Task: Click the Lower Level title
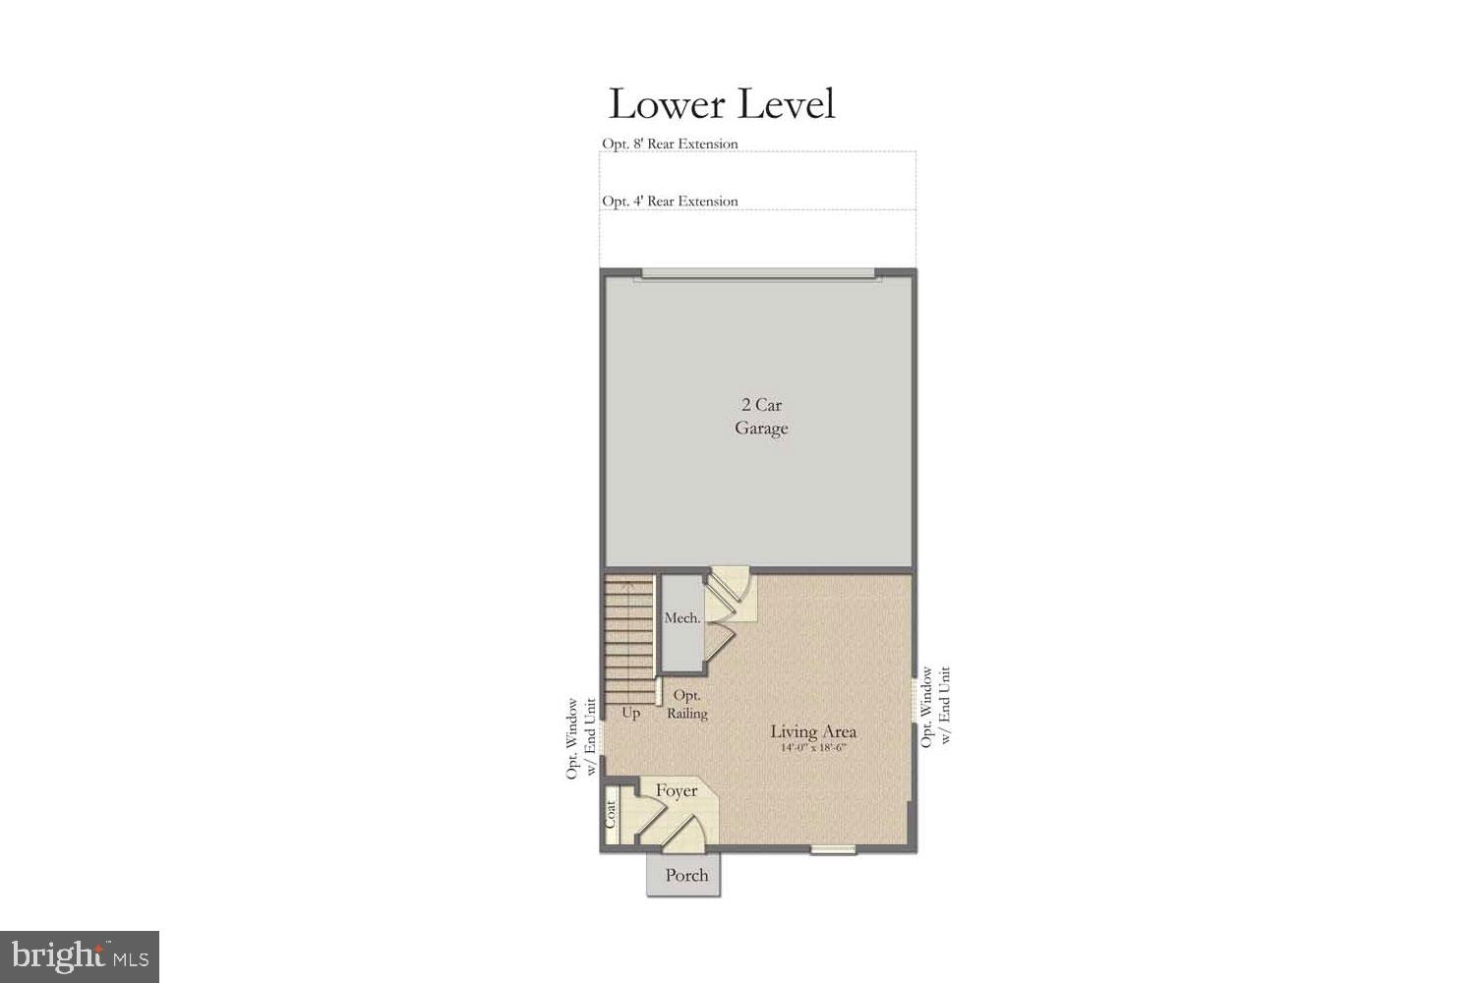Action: [x=722, y=104]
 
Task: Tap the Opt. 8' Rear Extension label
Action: [x=670, y=144]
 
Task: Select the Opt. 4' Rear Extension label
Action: [x=670, y=202]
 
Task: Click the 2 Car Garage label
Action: [x=761, y=417]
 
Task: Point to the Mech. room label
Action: [x=682, y=618]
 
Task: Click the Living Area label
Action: [x=813, y=731]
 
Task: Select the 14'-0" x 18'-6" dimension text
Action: [x=813, y=748]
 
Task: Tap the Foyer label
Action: [x=677, y=790]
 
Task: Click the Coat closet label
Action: [x=611, y=814]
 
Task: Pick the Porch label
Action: [x=686, y=875]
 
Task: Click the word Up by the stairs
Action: [x=630, y=713]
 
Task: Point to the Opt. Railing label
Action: [x=686, y=705]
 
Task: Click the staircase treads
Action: [x=628, y=634]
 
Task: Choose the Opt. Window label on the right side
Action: [x=936, y=706]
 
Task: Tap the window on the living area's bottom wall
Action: [x=833, y=849]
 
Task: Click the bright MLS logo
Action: [x=80, y=956]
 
